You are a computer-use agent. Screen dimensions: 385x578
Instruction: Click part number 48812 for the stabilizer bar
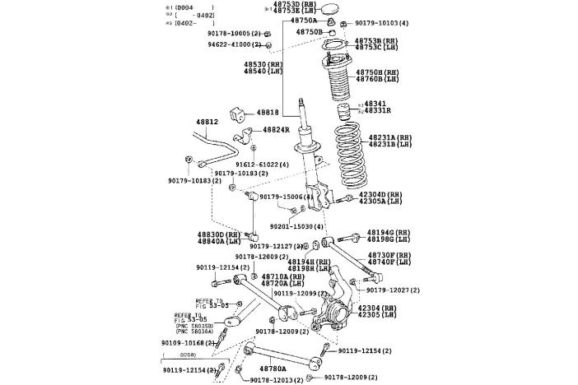point(207,123)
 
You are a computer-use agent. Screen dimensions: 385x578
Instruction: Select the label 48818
point(268,112)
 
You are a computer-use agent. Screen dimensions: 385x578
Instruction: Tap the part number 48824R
point(277,130)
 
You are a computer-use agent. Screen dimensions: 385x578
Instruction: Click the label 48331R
point(378,110)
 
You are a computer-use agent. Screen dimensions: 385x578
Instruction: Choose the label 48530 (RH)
point(263,63)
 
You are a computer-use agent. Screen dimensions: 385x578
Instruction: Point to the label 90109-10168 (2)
point(189,342)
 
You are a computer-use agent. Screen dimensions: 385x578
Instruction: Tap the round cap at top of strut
point(332,10)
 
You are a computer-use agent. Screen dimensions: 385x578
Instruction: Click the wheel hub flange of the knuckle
point(337,315)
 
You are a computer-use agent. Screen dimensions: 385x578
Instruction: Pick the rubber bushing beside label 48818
point(241,112)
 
